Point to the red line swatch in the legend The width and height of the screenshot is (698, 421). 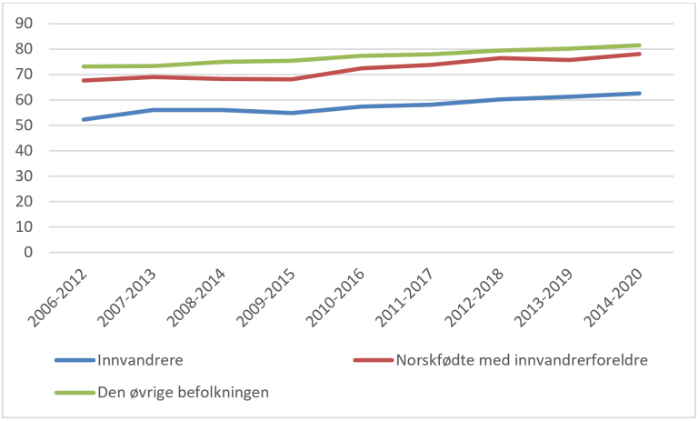pos(373,359)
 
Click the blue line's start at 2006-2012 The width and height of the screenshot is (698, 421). pos(83,119)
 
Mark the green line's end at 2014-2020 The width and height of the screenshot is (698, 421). pos(640,45)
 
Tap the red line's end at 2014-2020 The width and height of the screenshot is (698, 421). pos(640,54)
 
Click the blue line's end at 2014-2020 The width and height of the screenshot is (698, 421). pos(640,93)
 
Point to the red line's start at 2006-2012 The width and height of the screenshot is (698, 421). pos(83,80)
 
